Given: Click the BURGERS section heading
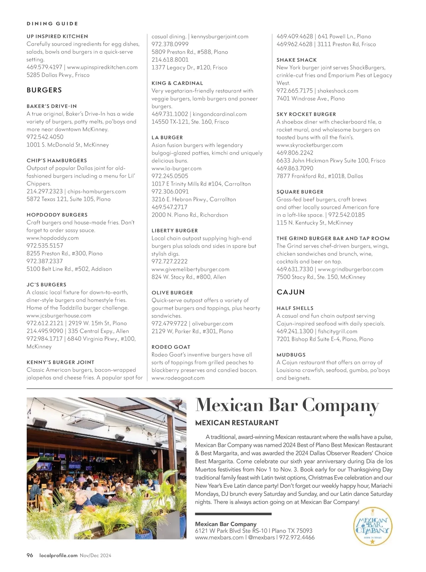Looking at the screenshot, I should tap(44, 90).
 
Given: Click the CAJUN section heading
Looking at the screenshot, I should tap(291, 292).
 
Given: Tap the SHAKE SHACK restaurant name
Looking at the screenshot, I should tap(296, 60).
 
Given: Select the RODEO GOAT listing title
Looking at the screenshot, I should tap(171, 347).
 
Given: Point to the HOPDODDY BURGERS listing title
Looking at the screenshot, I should tap(57, 215).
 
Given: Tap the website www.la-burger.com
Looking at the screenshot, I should tap(176, 168).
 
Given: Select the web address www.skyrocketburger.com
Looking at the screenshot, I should tap(310, 145).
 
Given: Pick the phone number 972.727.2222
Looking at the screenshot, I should tap(170, 261).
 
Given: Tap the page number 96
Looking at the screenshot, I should tap(30, 555).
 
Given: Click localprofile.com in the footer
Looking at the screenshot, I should tap(59, 555).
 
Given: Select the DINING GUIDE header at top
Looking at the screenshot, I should tap(52, 24).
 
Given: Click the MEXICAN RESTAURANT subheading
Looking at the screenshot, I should tap(237, 423).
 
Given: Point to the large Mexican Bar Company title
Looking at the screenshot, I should tap(287, 405).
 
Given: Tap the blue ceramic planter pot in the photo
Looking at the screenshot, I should tap(144, 534).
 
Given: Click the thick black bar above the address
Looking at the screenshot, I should tap(233, 514).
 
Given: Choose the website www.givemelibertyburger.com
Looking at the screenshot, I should tap(190, 269).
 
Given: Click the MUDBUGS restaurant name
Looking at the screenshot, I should tap(291, 355).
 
